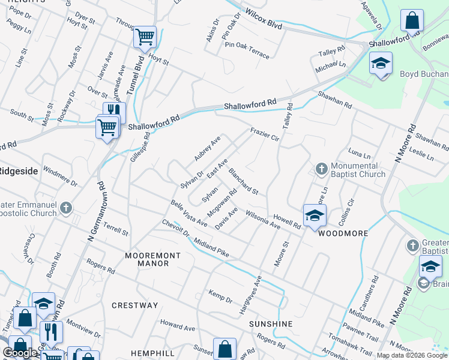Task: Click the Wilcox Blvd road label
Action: pyautogui.click(x=264, y=18)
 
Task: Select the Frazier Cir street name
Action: pyautogui.click(x=265, y=134)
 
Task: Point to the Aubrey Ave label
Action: pyautogui.click(x=207, y=148)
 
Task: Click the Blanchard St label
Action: pyautogui.click(x=243, y=181)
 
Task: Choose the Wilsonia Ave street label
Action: pyautogui.click(x=263, y=220)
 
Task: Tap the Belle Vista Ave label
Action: pyautogui.click(x=189, y=214)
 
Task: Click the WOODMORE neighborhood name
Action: pyautogui.click(x=342, y=233)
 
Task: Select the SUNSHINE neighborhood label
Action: pyautogui.click(x=271, y=324)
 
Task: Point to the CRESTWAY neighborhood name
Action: pyautogui.click(x=135, y=305)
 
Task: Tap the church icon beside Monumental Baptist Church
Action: pyautogui.click(x=321, y=169)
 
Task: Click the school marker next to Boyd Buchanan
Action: pyautogui.click(x=381, y=64)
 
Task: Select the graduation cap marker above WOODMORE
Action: pyautogui.click(x=315, y=215)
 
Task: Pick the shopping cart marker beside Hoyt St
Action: pyautogui.click(x=145, y=36)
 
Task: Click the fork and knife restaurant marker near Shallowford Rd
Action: pyautogui.click(x=114, y=112)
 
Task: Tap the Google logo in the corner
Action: pyautogui.click(x=20, y=353)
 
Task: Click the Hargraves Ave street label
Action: pyautogui.click(x=251, y=295)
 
